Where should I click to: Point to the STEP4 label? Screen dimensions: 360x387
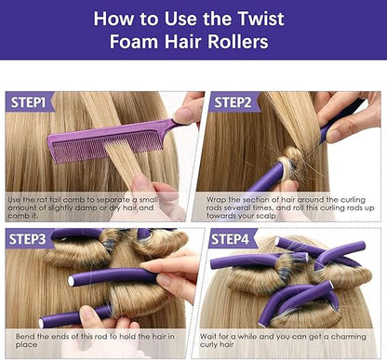coord(230,239)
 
